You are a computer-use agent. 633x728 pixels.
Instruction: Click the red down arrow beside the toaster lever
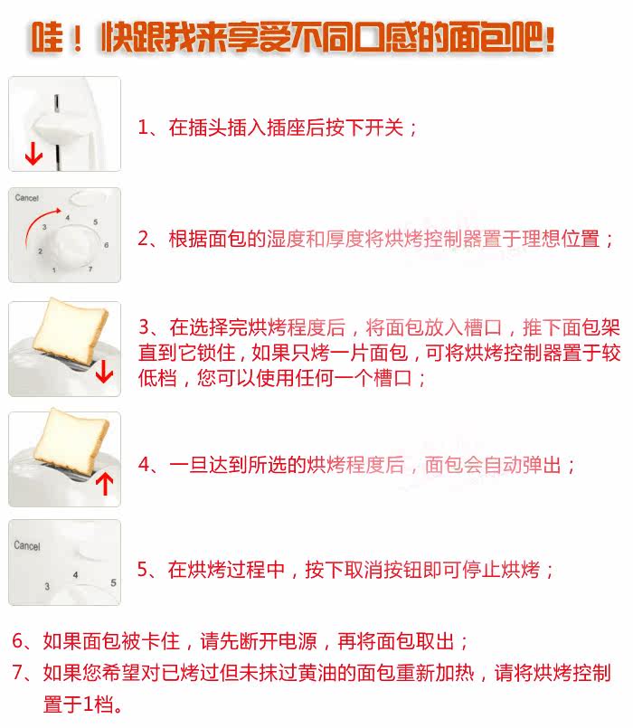33,154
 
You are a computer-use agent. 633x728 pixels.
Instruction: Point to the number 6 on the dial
107,245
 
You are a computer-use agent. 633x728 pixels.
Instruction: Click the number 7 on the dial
90,269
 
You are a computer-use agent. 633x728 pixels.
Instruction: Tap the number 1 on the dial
54,269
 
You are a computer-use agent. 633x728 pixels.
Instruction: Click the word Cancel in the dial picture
26,198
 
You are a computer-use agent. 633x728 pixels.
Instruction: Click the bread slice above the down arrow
70,332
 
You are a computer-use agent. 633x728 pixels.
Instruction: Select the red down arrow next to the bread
105,371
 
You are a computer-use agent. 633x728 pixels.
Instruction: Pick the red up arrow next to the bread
105,484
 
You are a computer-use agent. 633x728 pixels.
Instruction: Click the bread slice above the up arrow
72,442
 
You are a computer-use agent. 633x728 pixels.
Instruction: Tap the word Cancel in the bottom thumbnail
27,545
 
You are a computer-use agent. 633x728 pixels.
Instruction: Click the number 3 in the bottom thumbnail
47,586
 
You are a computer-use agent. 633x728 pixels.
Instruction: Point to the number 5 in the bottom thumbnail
113,582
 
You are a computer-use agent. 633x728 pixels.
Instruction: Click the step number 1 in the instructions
143,128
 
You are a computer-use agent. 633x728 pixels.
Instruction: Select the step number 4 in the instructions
144,464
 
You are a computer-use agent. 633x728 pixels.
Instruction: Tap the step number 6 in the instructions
18,640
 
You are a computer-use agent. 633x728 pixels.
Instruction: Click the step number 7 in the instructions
18,672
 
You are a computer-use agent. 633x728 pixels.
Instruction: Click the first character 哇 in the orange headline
47,37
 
